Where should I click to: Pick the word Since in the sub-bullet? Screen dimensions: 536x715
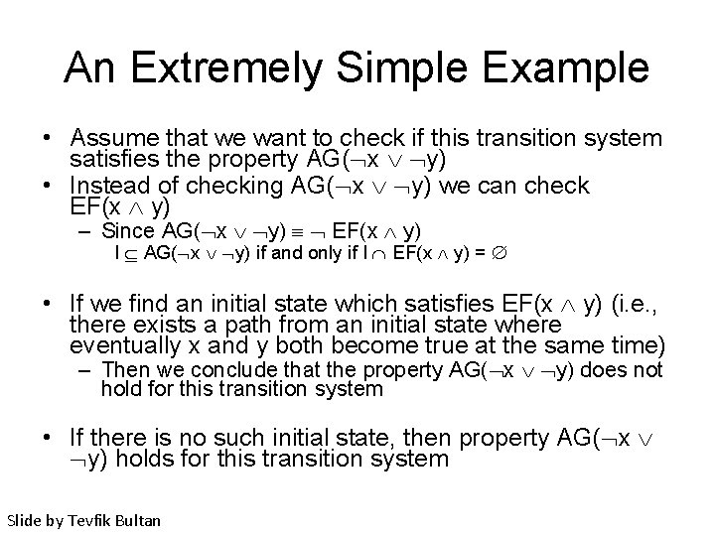click(130, 230)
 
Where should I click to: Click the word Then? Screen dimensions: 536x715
click(123, 370)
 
